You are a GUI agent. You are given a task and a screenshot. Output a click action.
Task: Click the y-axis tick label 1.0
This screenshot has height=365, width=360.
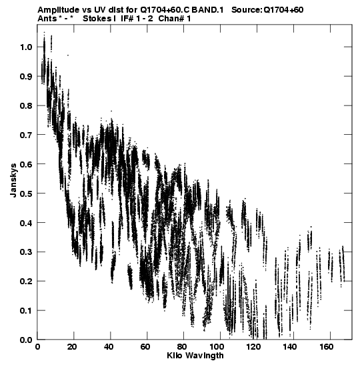26,47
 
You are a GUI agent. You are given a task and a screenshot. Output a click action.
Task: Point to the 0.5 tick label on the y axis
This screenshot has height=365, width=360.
26,194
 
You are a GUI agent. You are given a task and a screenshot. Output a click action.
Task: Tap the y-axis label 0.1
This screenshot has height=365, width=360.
26,311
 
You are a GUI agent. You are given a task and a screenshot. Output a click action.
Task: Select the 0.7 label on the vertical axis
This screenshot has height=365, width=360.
26,135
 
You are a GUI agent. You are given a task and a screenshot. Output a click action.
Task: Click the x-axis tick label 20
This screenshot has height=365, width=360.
72,347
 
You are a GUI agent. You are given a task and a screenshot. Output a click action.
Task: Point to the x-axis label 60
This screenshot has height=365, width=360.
145,347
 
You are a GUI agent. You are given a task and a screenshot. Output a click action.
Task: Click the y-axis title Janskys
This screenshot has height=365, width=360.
13,180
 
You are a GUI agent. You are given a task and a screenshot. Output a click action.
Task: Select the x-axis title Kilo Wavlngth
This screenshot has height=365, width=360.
195,356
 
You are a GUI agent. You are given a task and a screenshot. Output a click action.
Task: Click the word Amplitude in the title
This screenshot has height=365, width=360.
58,10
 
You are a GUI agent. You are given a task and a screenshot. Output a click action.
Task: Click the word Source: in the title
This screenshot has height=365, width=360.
247,10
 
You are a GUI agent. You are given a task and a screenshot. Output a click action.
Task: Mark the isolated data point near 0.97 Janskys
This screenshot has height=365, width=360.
68,55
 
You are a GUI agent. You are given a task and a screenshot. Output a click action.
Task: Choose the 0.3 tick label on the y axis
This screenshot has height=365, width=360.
26,252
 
